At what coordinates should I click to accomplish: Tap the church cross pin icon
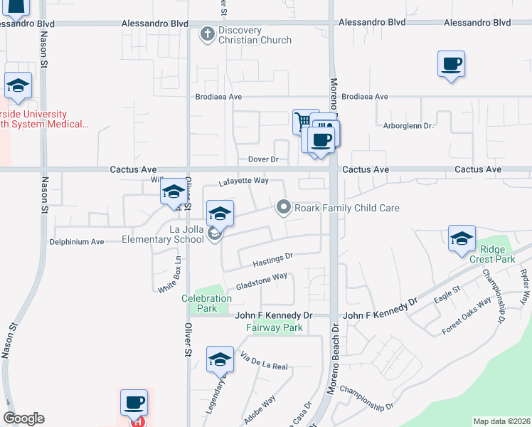[207, 34]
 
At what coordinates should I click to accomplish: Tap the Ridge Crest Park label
[497, 255]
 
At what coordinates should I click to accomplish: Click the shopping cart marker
[306, 121]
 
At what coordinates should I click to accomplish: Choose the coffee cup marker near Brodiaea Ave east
[451, 64]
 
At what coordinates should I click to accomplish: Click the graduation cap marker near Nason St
[18, 86]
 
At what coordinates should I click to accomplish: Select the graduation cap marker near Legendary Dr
[220, 359]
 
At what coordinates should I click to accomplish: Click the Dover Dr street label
[262, 159]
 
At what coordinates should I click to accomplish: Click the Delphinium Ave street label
[77, 242]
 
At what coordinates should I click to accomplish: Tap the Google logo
[23, 419]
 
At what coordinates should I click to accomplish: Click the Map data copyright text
[501, 421]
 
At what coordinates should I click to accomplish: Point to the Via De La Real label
[264, 362]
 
